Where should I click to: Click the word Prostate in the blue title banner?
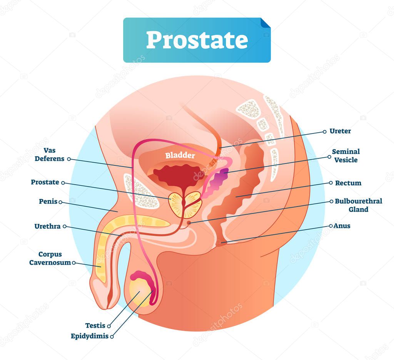point(197,40)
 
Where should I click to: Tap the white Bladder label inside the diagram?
point(180,155)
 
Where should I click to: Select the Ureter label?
point(340,131)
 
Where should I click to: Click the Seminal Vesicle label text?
point(346,155)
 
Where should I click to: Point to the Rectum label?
point(348,183)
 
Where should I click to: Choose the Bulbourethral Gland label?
point(358,205)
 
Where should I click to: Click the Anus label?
point(342,226)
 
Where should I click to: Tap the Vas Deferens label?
point(50,155)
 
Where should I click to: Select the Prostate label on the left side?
point(45,182)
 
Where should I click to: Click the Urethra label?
point(47,226)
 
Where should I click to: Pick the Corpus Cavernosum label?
point(50,258)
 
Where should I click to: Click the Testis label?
point(95,325)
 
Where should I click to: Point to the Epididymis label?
point(89,336)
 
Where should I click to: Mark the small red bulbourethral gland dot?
point(189,222)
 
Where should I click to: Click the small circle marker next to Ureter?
point(325,132)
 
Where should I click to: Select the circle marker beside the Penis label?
point(60,202)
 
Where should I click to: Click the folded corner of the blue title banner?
point(265,23)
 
